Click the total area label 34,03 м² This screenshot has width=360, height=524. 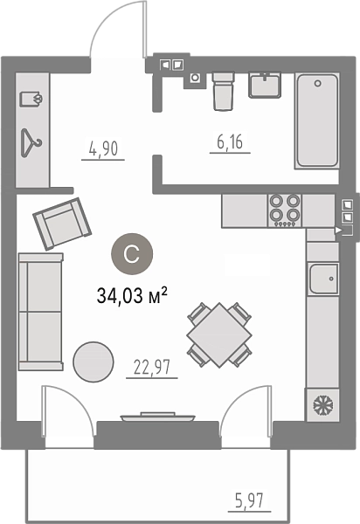pos(132,295)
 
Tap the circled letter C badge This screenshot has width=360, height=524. pos(132,254)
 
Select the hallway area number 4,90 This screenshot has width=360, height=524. pos(104,148)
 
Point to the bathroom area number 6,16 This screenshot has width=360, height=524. pos(230,141)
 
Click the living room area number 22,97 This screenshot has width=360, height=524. pos(152,367)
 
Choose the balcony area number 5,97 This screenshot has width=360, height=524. pos(249,501)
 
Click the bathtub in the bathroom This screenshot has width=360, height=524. pos(317,121)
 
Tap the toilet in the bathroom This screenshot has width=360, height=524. pos(223,91)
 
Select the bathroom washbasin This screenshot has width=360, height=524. pos(265,86)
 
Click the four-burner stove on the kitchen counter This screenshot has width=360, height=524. pos(285,210)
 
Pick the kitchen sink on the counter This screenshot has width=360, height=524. pos(323,279)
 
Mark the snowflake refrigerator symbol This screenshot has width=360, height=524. pos(322,404)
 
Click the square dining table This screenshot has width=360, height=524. pos(219,334)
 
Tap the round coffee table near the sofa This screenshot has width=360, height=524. pos(93,362)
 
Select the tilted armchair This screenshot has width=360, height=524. pos(62,224)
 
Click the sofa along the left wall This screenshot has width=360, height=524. pos(41,312)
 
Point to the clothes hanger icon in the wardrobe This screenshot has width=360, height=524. pos(31,143)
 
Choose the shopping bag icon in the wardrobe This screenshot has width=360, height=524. pos(31,99)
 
